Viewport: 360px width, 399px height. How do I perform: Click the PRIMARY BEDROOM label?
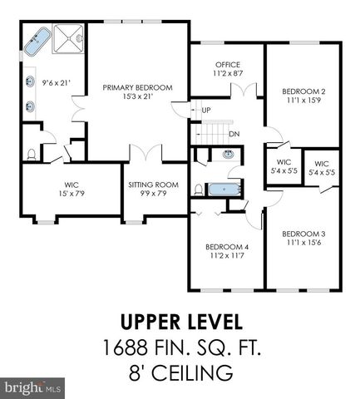[137, 86]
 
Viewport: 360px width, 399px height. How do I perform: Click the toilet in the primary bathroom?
[32, 153]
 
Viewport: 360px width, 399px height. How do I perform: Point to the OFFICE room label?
[227, 64]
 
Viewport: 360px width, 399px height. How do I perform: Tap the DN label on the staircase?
[234, 133]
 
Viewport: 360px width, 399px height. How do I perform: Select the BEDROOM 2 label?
[302, 91]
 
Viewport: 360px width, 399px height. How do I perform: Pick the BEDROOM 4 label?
[226, 247]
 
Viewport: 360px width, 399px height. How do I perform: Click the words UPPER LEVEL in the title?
[180, 321]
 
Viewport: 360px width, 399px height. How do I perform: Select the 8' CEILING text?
[180, 372]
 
